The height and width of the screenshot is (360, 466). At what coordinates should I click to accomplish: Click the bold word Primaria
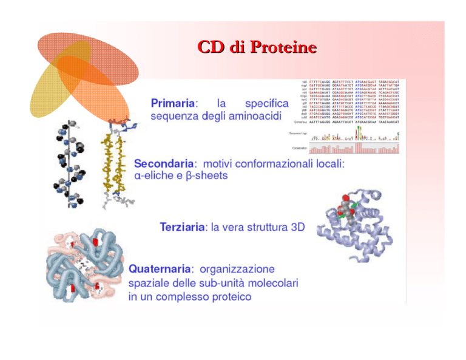172,104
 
